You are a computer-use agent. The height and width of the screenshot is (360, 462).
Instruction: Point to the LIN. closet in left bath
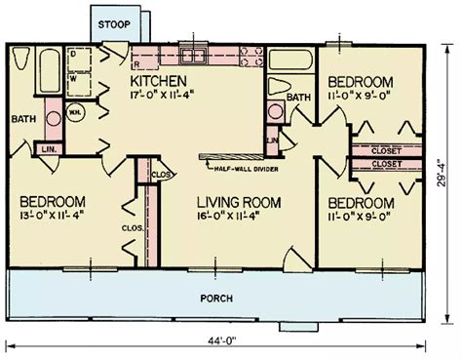tap(46, 149)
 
